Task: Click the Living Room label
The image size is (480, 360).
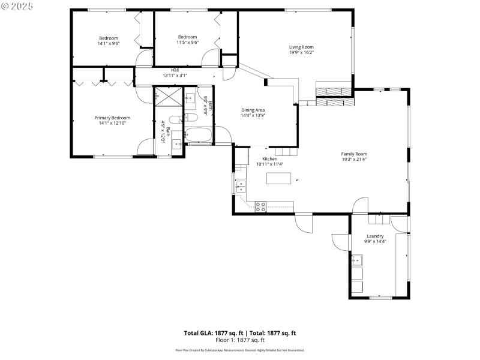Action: tap(301, 47)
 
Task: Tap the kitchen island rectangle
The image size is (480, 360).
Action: tap(279, 178)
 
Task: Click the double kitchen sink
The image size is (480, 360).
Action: tap(240, 185)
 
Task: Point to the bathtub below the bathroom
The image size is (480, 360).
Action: tap(198, 134)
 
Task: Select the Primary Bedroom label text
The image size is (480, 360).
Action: tap(112, 118)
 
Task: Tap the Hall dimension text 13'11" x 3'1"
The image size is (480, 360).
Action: tap(175, 76)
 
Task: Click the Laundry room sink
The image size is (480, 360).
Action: tap(357, 260)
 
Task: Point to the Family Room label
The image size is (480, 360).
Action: tap(354, 154)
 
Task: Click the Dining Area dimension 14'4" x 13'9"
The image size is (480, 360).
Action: tap(253, 115)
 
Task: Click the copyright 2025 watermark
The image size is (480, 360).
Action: tap(18, 5)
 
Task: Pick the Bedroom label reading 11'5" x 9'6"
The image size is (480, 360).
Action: tap(187, 43)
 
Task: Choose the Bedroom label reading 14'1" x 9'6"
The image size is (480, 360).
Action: tap(108, 43)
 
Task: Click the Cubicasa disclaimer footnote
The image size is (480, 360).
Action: tap(240, 350)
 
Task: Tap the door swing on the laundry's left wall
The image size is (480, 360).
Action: tap(341, 241)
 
